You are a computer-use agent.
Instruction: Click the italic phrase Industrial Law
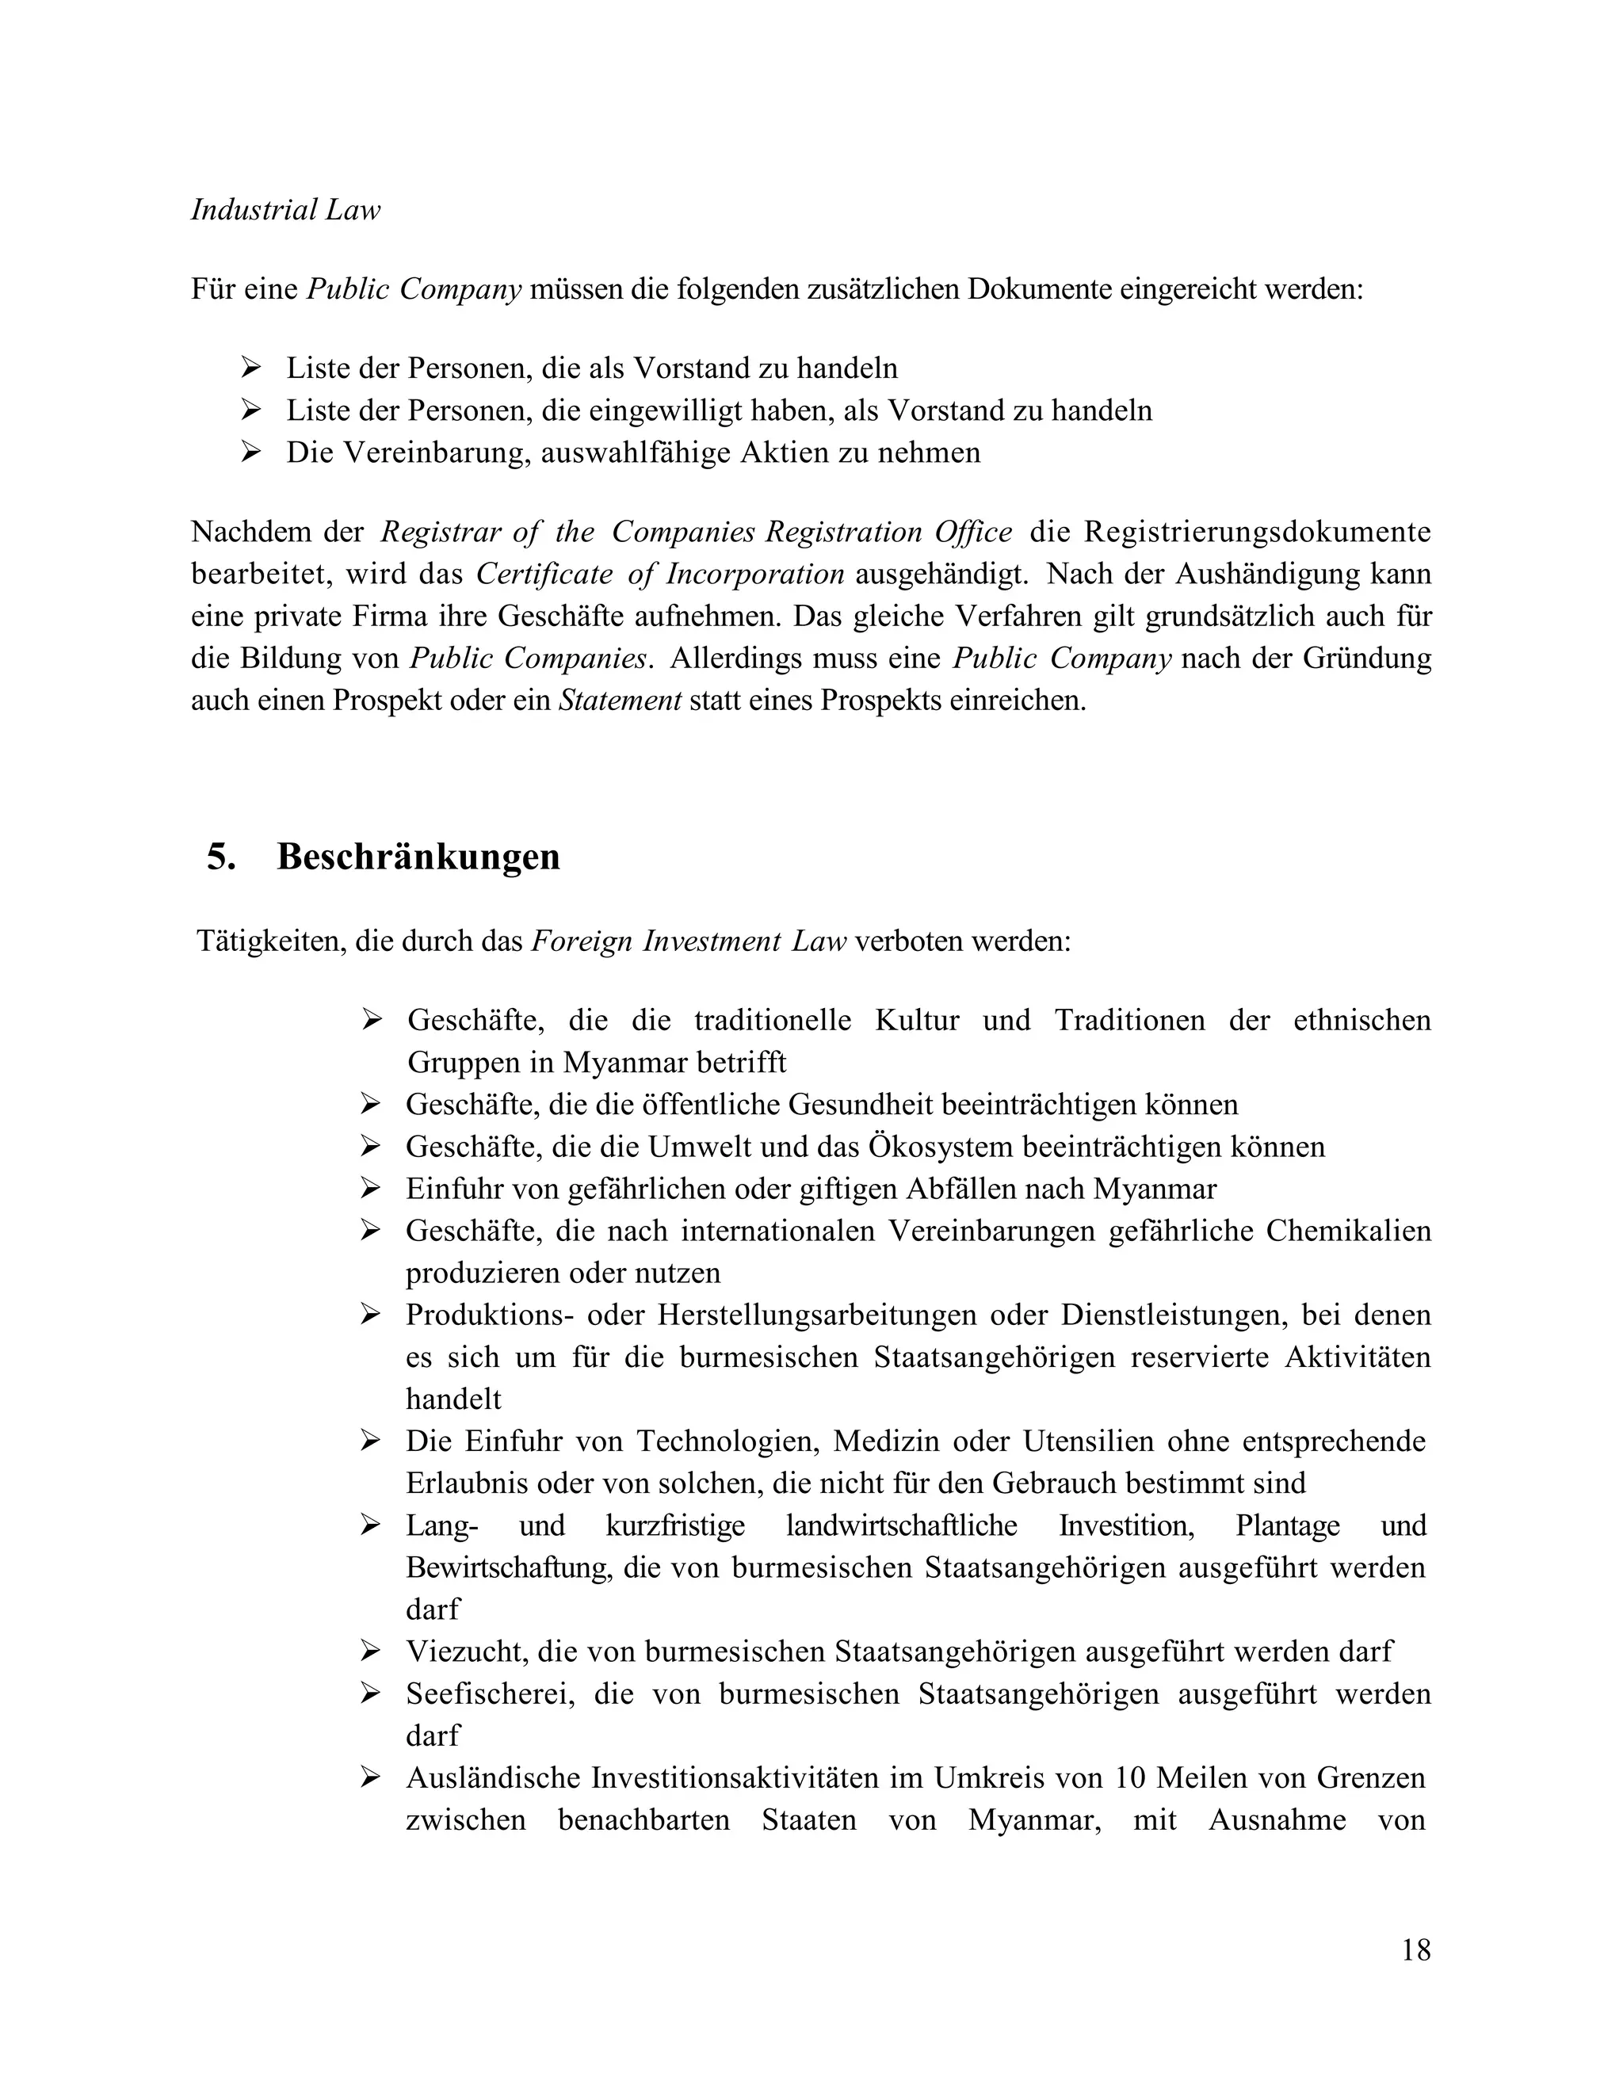(285, 210)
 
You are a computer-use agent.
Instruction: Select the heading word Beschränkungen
(418, 856)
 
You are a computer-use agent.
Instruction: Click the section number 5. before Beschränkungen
(221, 856)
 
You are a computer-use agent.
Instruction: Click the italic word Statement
(621, 700)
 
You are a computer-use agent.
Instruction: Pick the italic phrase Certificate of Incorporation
(659, 574)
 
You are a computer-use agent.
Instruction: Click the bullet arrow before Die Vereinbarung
(252, 452)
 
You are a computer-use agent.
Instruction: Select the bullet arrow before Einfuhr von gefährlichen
(371, 1189)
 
